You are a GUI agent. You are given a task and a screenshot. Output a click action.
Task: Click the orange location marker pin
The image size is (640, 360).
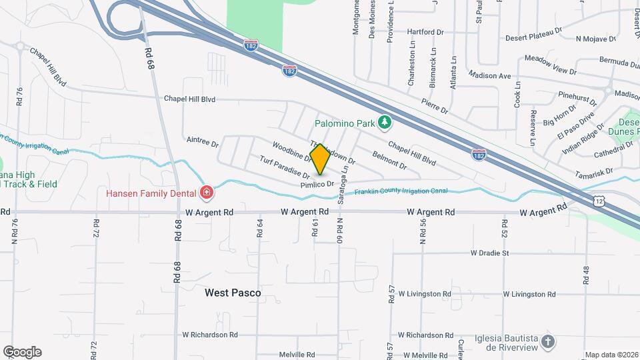click(x=320, y=159)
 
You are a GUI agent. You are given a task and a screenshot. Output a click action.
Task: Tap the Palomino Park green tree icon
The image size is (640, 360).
click(x=384, y=122)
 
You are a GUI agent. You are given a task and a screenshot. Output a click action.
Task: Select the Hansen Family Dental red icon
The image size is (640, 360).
click(x=207, y=193)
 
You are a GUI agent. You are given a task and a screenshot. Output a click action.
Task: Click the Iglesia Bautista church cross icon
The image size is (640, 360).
click(x=548, y=342)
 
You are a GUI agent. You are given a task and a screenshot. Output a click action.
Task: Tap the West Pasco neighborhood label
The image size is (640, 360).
click(x=233, y=293)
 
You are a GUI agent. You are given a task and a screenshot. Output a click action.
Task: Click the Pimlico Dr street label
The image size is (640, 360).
click(x=317, y=183)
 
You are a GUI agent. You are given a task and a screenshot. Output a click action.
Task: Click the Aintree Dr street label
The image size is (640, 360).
click(x=203, y=141)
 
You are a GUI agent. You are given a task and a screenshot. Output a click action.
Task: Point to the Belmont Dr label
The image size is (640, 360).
click(x=389, y=159)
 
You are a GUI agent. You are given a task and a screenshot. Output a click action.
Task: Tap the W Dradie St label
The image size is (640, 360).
click(x=489, y=253)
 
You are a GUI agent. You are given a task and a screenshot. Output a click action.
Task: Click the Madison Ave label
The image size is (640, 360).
click(x=489, y=75)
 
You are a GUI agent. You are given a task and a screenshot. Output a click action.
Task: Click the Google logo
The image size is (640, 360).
click(x=22, y=352)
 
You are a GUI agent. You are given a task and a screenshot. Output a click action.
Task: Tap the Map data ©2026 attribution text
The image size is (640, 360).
click(x=611, y=355)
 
